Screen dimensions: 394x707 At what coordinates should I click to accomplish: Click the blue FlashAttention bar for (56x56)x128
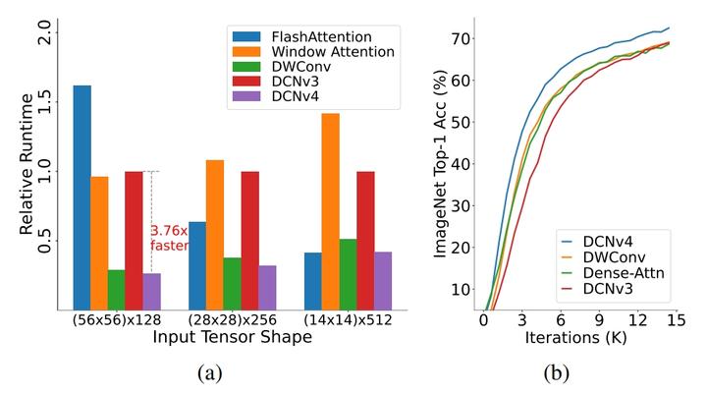click(82, 197)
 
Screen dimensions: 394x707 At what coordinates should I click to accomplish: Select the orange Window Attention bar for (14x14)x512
click(329, 210)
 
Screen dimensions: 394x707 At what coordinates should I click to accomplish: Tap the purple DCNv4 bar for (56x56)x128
click(151, 290)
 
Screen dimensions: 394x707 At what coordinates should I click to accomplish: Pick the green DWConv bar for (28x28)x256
click(232, 282)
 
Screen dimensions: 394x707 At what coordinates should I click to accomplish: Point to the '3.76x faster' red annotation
click(169, 239)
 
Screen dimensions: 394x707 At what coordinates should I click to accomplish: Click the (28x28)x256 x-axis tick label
click(233, 320)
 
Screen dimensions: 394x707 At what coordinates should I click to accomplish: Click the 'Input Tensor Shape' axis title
click(231, 337)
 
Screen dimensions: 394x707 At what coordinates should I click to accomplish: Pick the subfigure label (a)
click(210, 374)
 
